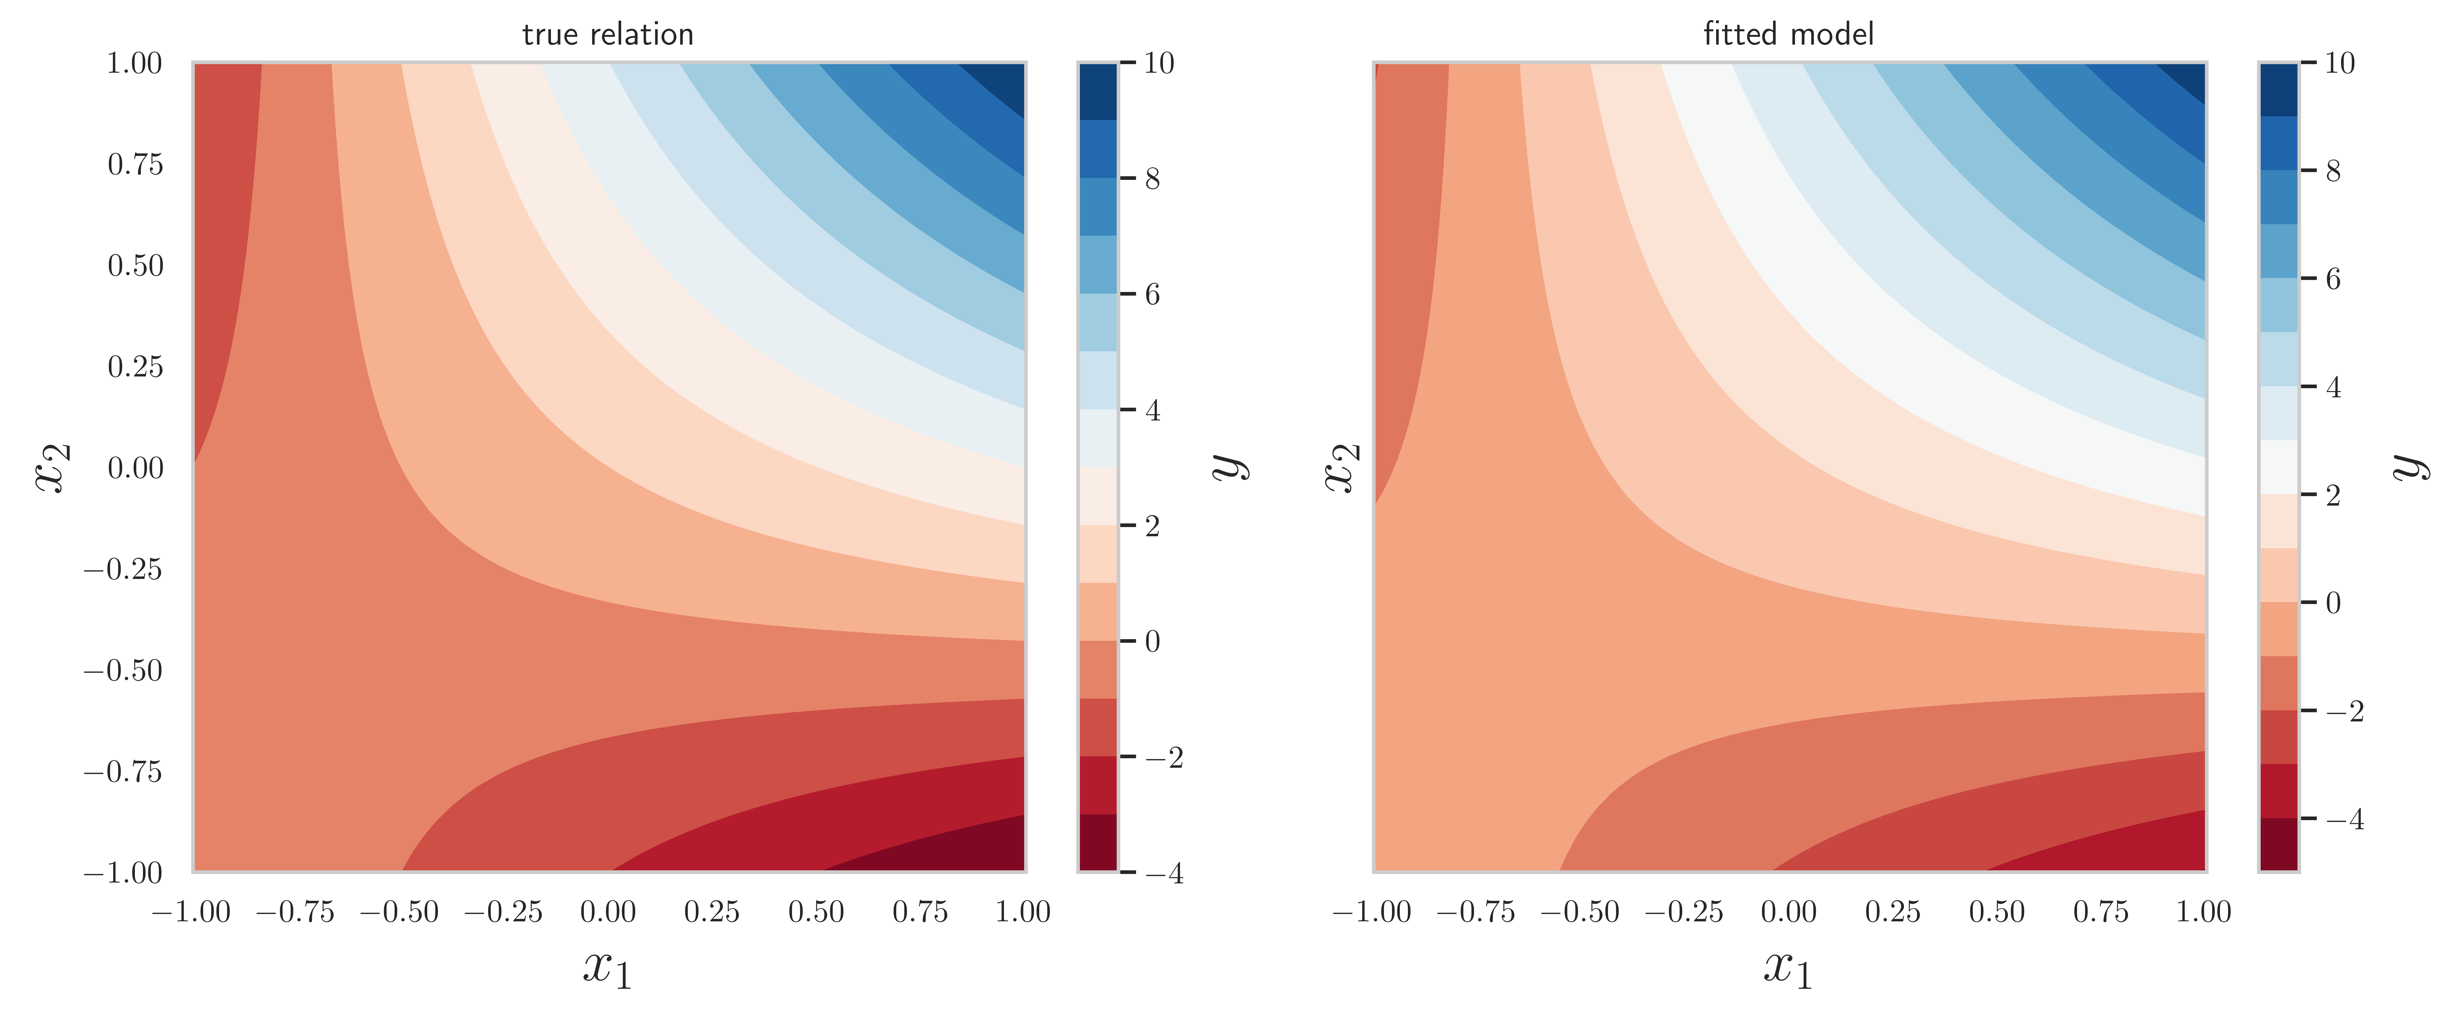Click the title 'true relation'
point(608,35)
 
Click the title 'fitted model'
point(1788,35)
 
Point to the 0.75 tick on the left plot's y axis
point(135,165)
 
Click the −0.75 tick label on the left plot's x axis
point(295,912)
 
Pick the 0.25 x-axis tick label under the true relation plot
point(712,912)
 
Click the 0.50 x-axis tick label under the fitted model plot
point(1996,912)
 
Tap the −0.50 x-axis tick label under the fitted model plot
point(1580,912)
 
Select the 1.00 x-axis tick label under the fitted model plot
point(2204,912)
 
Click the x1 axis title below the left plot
point(608,969)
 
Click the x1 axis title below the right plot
point(1788,969)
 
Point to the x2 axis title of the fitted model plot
point(1342,467)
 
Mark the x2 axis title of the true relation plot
point(52,467)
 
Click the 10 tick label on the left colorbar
point(1159,64)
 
